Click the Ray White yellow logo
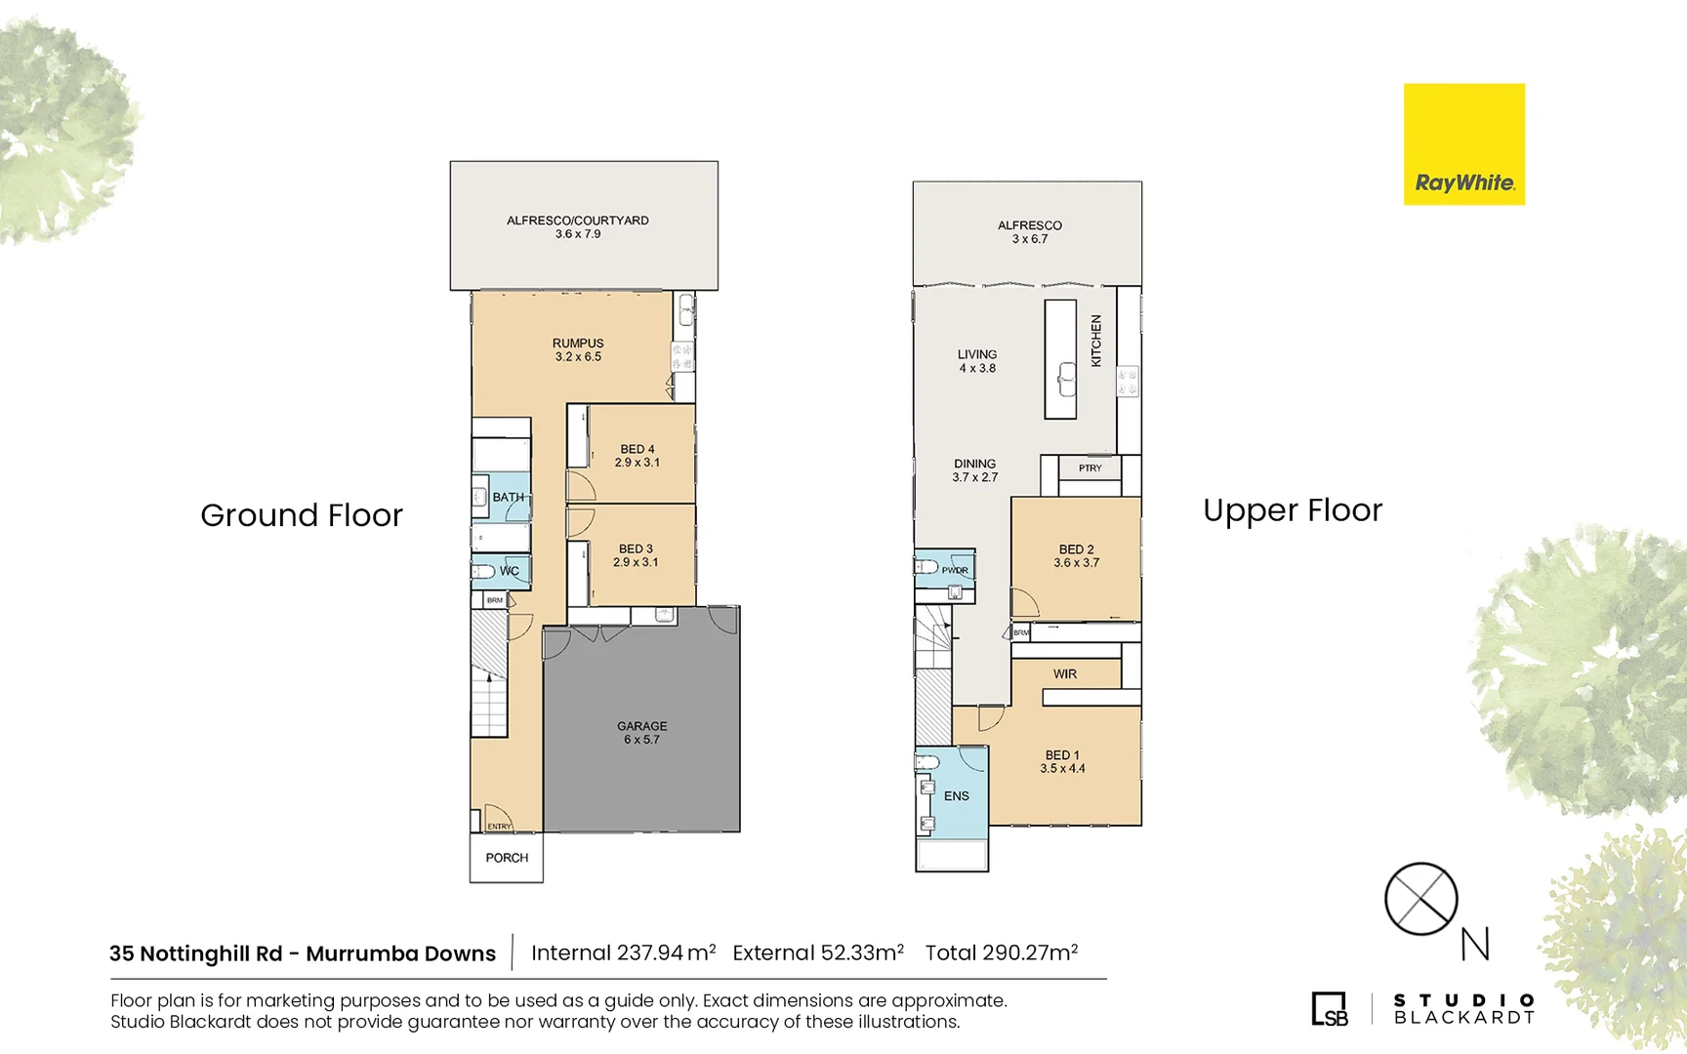[x=1463, y=144]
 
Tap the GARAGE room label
[x=641, y=733]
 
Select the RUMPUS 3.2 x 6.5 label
[x=578, y=350]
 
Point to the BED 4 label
[x=637, y=456]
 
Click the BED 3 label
[x=636, y=555]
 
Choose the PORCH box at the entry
[x=507, y=858]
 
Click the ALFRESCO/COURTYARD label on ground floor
[x=578, y=226]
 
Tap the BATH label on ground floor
[x=508, y=497]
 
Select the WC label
[x=509, y=571]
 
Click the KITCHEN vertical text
[x=1096, y=341]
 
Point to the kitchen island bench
[x=1060, y=359]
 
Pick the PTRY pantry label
[x=1090, y=468]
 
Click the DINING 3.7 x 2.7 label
[x=975, y=470]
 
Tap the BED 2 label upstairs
[x=1076, y=556]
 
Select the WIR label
[x=1065, y=674]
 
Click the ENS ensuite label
[x=957, y=796]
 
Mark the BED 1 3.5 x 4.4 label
[x=1062, y=761]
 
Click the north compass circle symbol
[x=1420, y=899]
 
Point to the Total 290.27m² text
[x=1001, y=953]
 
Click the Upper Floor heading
[x=1293, y=510]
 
